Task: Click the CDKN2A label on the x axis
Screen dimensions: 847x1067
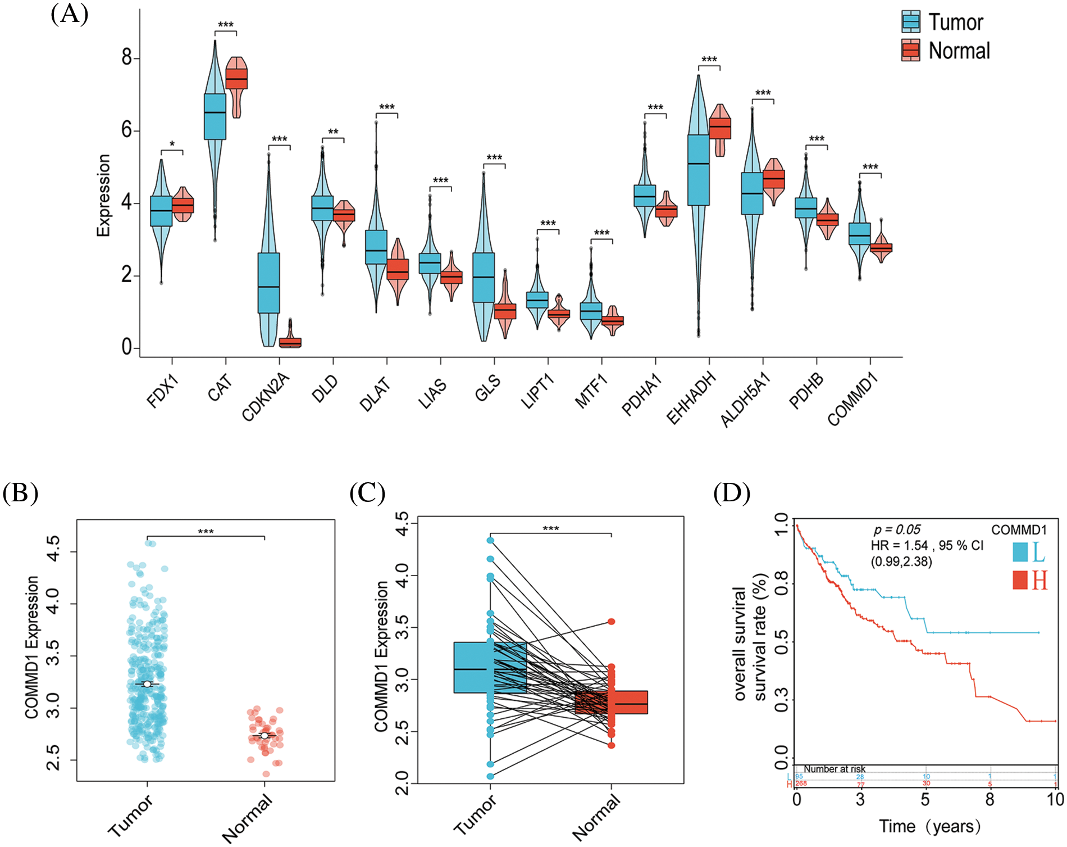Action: click(266, 397)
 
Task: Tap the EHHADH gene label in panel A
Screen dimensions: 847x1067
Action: click(691, 397)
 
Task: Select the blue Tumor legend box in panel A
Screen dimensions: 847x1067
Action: click(910, 22)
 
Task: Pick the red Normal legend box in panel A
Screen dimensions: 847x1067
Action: click(910, 51)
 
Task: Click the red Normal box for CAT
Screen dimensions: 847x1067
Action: click(236, 79)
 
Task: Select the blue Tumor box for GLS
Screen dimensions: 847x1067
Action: click(484, 277)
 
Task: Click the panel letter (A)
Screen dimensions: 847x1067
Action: click(69, 13)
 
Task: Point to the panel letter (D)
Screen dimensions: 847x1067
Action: click(731, 493)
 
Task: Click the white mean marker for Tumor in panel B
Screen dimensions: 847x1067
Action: click(147, 684)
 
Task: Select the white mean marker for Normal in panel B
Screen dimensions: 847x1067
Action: click(265, 735)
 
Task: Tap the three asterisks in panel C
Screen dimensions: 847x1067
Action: click(550, 529)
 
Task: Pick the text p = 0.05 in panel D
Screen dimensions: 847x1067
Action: click(897, 529)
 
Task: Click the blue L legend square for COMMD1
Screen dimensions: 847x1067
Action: click(1020, 551)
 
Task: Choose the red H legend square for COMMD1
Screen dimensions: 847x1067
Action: click(1020, 579)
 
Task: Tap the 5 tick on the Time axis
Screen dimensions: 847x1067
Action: click(925, 799)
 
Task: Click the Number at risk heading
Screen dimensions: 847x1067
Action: click(834, 769)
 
